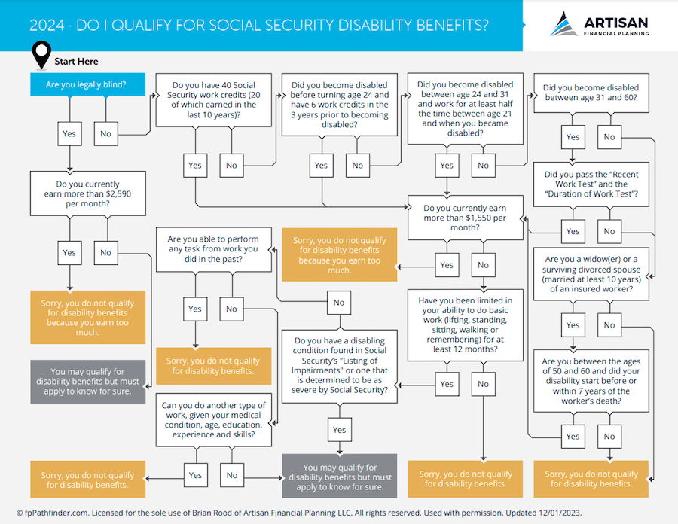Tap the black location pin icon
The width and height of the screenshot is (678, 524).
(41, 55)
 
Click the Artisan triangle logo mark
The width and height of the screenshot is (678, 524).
(563, 24)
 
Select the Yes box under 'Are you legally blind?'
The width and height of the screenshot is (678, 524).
(69, 133)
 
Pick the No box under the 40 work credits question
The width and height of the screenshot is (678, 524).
(231, 166)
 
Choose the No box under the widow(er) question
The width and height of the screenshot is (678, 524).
(609, 324)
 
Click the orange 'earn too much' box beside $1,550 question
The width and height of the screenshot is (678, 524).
(340, 255)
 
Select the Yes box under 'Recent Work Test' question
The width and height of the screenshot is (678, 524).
(573, 231)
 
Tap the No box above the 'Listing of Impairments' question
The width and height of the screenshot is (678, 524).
(339, 303)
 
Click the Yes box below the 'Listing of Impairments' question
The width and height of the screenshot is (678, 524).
(340, 430)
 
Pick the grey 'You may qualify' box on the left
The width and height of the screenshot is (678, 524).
(88, 382)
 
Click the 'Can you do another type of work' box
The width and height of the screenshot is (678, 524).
(214, 420)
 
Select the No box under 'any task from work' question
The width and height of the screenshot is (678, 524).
(231, 309)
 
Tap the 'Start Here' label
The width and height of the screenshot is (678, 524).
(76, 61)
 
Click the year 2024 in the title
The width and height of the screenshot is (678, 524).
(47, 26)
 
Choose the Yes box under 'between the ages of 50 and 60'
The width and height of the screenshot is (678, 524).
(573, 437)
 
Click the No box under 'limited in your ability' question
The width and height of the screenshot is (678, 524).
(483, 384)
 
